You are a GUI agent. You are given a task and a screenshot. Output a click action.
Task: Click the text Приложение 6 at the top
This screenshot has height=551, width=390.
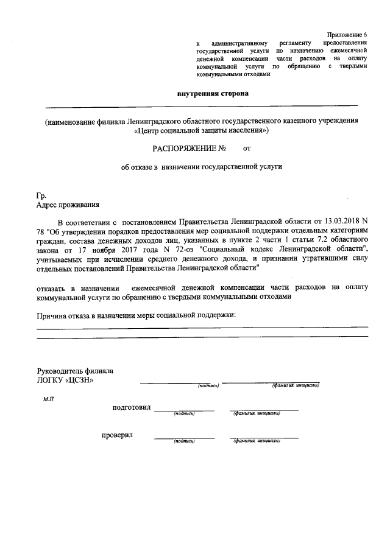(x=347, y=35)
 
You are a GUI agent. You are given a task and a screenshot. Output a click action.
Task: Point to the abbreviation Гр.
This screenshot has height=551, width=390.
(x=41, y=196)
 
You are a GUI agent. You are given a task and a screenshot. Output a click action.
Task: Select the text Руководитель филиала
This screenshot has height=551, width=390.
(x=75, y=371)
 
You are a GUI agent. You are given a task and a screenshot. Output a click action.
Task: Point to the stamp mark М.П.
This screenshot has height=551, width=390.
(x=49, y=399)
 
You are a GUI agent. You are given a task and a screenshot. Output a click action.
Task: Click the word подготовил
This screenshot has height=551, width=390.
(x=131, y=407)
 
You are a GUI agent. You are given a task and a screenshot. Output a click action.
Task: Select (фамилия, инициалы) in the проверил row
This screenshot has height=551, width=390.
(x=257, y=440)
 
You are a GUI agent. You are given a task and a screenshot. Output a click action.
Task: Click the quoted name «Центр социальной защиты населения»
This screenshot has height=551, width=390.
(x=200, y=130)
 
